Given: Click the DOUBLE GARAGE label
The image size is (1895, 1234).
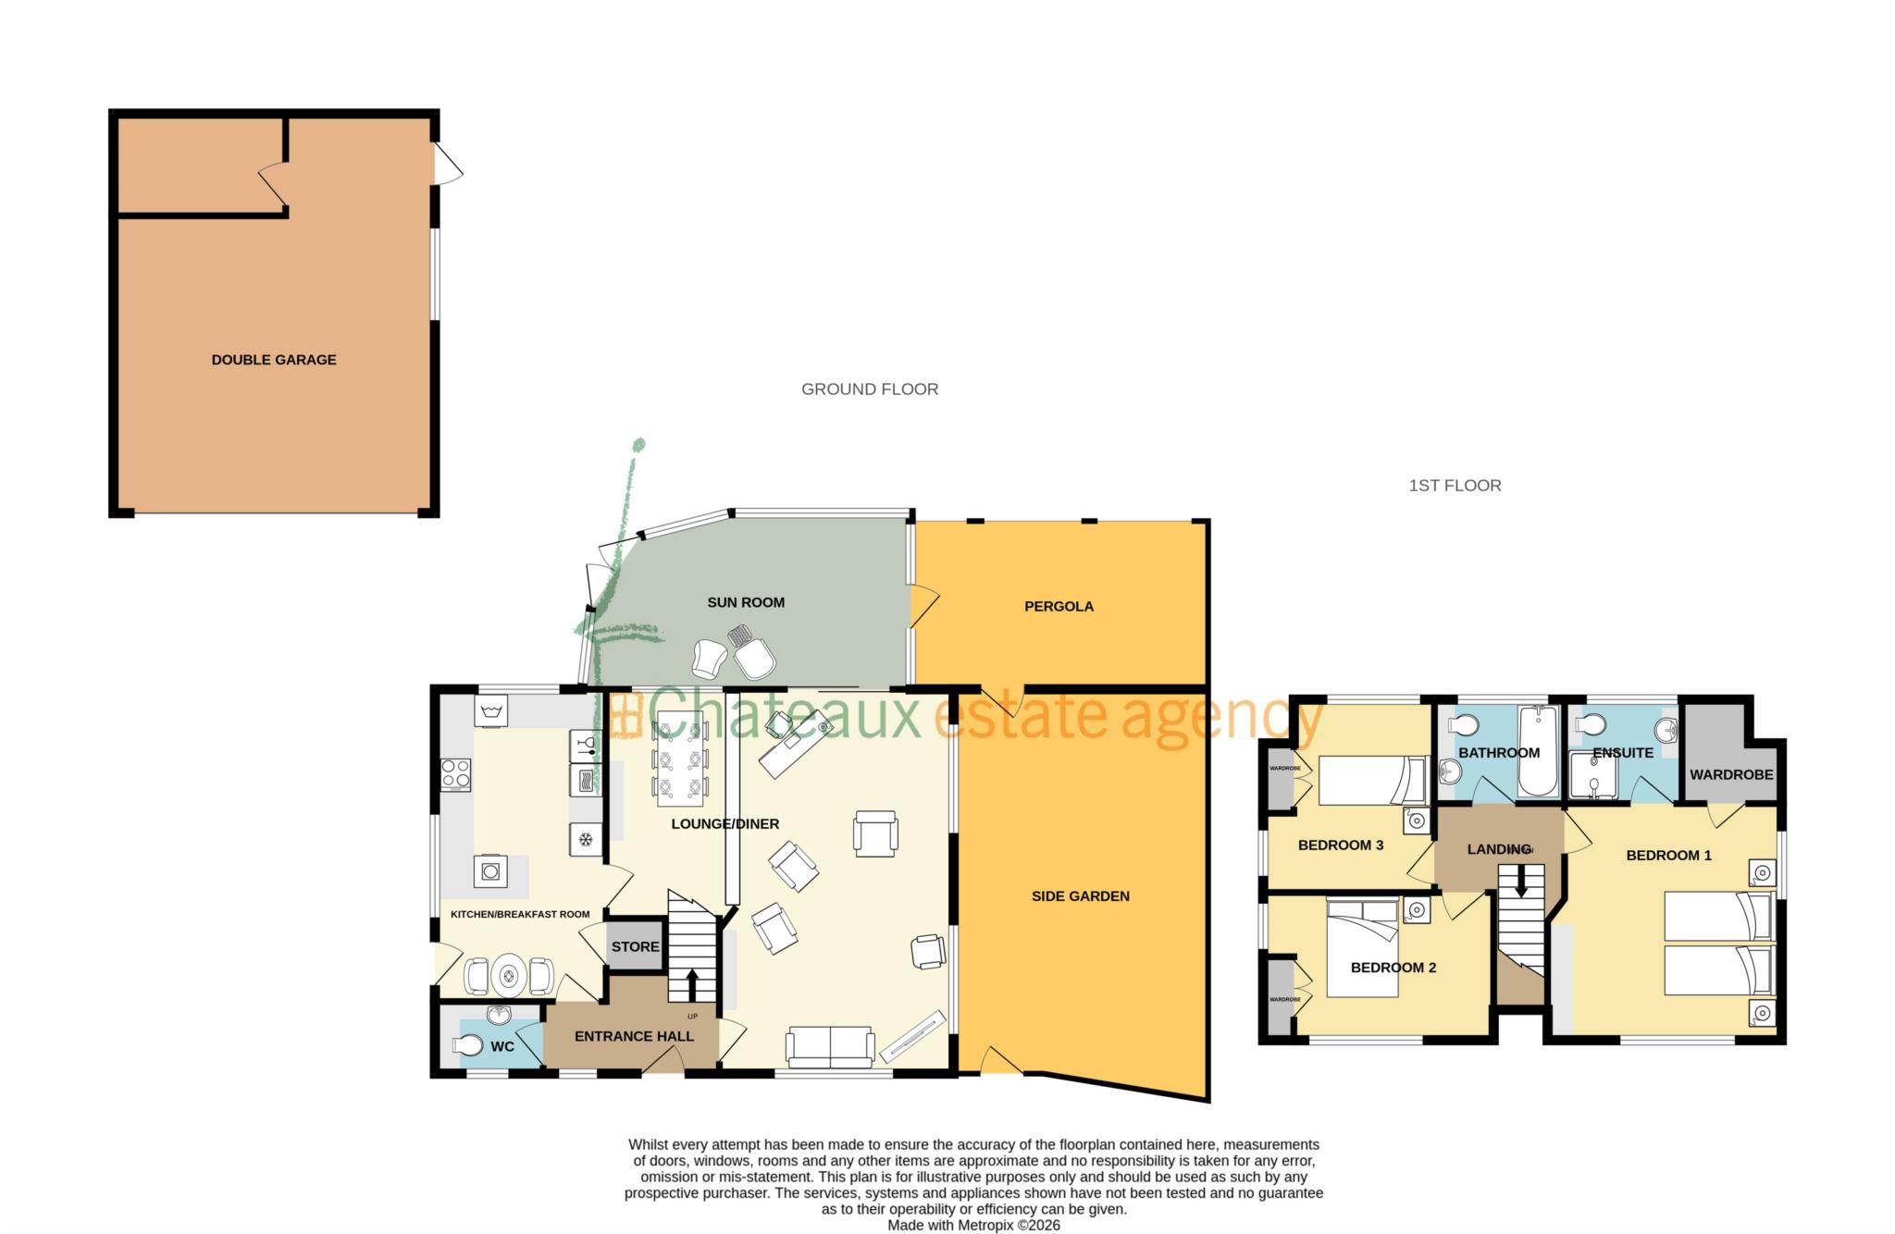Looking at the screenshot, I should pos(274,360).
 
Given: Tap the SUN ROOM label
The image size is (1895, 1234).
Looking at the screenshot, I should pos(746,602).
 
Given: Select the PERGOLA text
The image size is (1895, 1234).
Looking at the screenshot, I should pos(1059,607).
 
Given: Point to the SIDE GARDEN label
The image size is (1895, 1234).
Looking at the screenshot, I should pos(1080,895).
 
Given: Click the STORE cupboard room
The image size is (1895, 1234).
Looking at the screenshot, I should pos(635,946).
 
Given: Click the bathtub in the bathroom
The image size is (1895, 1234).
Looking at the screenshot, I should pos(1538,751).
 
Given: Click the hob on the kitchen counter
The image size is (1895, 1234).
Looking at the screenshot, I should pos(456,773).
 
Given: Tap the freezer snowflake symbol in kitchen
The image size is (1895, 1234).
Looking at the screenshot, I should pos(585,839).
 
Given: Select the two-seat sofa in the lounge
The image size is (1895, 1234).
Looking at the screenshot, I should pos(830,1045).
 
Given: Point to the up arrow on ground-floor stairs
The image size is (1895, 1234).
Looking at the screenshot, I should pos(691,985).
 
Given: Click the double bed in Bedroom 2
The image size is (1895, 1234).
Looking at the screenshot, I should pos(1363,948).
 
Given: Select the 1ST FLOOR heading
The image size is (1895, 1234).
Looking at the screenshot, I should pos(1455,486).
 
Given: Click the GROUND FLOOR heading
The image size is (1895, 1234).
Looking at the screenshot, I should pos(870,389).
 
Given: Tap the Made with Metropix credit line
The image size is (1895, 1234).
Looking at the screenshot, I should pos(973,1225).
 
